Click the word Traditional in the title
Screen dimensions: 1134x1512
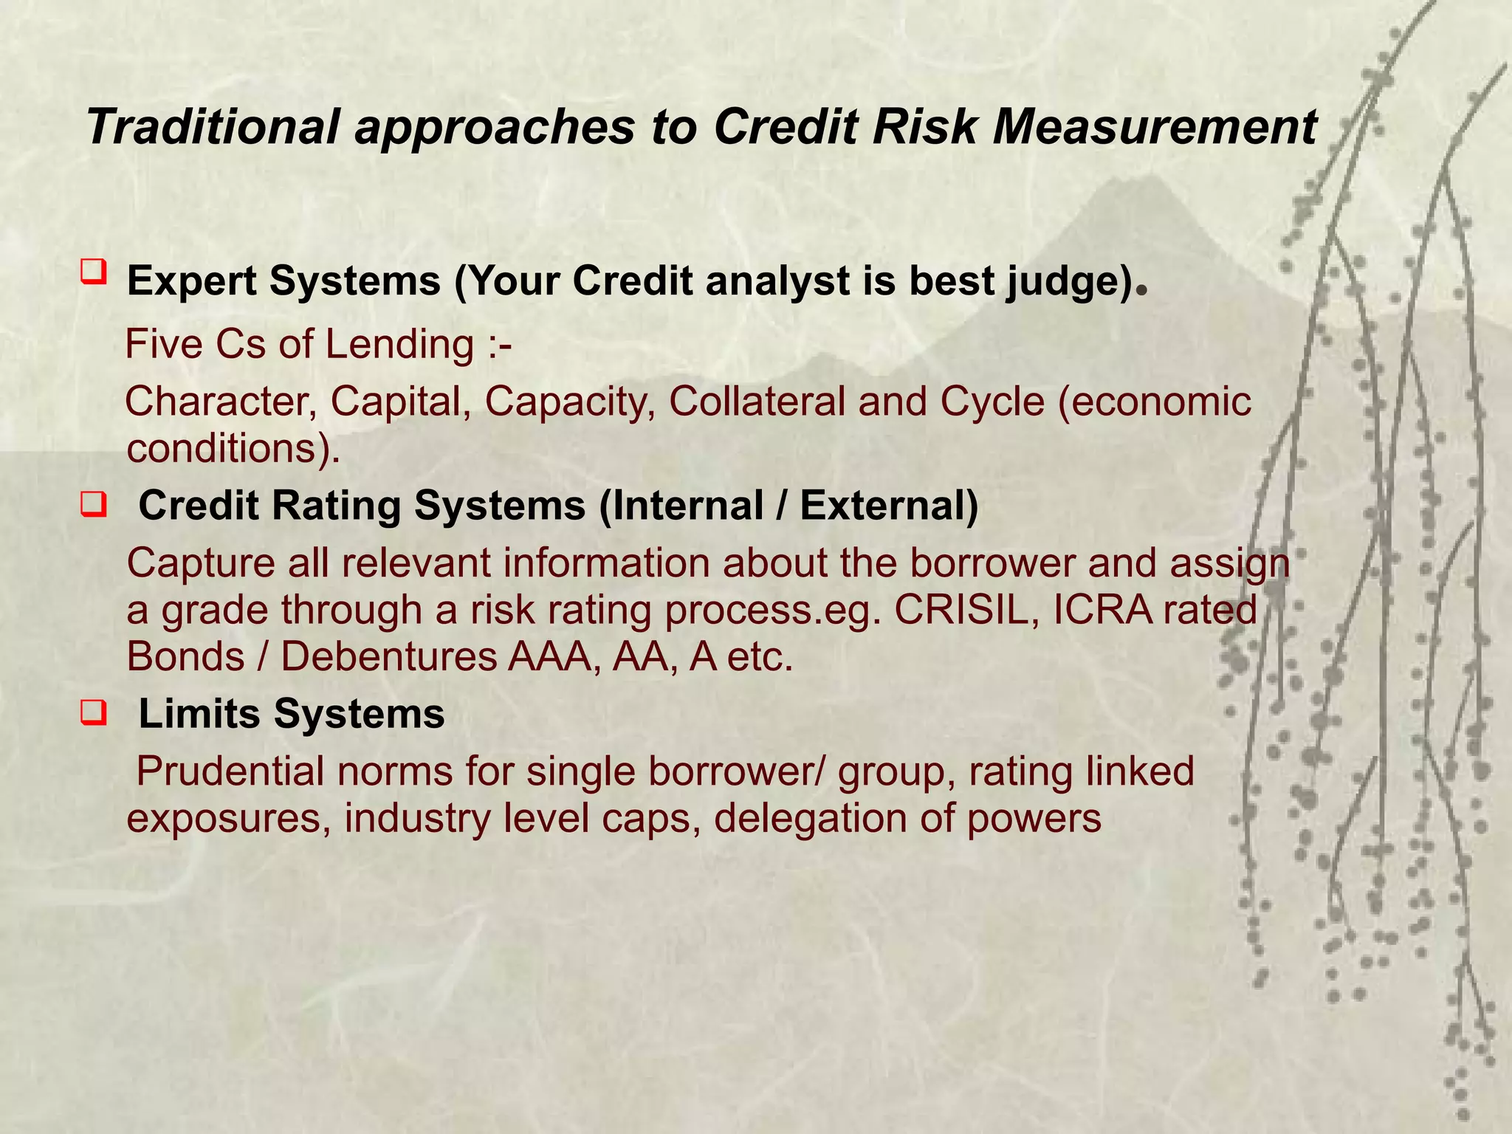click(x=213, y=127)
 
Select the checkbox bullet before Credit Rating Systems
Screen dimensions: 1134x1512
click(x=94, y=506)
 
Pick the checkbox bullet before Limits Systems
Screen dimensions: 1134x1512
click(x=94, y=714)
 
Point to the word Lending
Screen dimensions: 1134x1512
click(x=399, y=345)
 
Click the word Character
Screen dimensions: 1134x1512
click(x=221, y=402)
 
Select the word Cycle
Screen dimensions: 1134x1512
click(x=992, y=402)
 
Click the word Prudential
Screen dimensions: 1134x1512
click(x=230, y=772)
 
